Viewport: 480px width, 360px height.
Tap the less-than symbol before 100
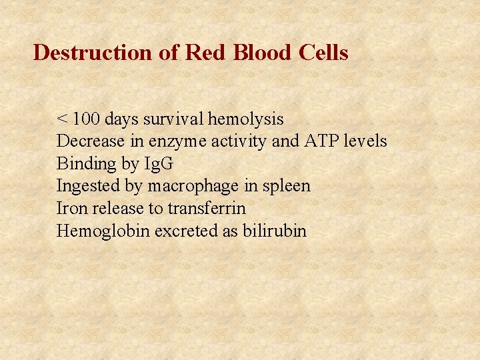pyautogui.click(x=62, y=120)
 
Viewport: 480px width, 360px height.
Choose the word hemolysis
pyautogui.click(x=246, y=119)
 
